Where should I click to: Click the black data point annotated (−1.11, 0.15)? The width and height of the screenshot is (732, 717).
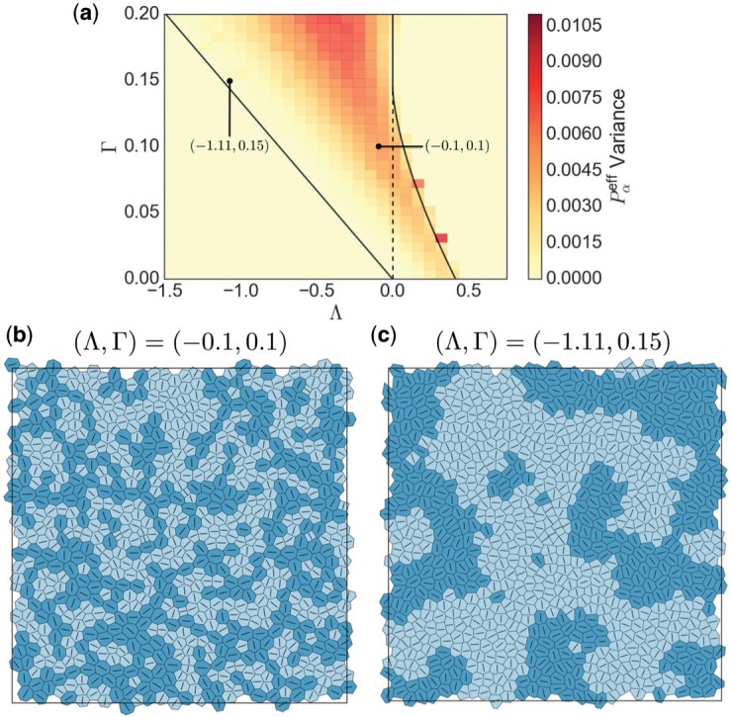coord(229,81)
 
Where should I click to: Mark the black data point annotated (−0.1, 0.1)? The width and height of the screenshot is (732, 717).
coord(378,146)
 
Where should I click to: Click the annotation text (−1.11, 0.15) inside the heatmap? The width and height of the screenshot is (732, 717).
coord(229,146)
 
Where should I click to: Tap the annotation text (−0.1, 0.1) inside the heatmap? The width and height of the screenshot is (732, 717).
coord(457,146)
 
